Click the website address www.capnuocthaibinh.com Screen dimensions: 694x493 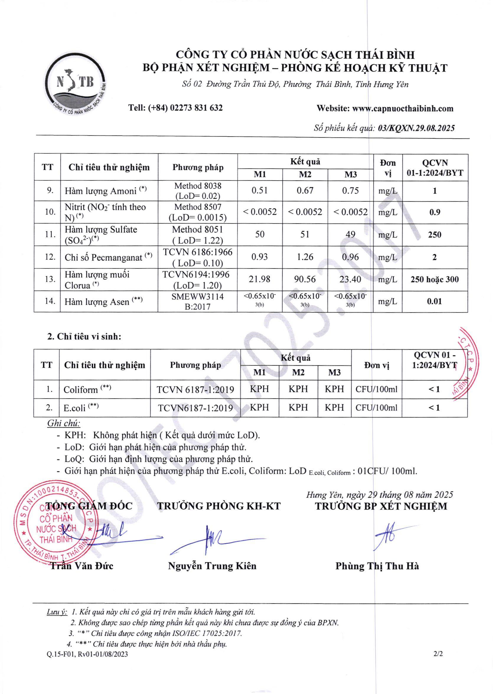[403, 109]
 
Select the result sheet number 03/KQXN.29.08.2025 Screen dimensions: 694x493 [416, 128]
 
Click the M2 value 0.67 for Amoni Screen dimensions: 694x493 [305, 191]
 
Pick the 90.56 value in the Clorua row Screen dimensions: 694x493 [305, 279]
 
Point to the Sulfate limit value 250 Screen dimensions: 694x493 [435, 235]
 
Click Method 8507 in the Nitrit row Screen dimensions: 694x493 [197, 207]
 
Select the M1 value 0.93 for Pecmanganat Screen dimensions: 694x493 [259, 257]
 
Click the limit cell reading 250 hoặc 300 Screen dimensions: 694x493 [435, 279]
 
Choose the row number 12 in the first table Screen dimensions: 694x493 [50, 257]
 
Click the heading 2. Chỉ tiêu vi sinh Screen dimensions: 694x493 [84, 337]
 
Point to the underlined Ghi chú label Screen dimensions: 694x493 [64, 423]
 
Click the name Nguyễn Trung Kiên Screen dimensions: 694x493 [212, 566]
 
